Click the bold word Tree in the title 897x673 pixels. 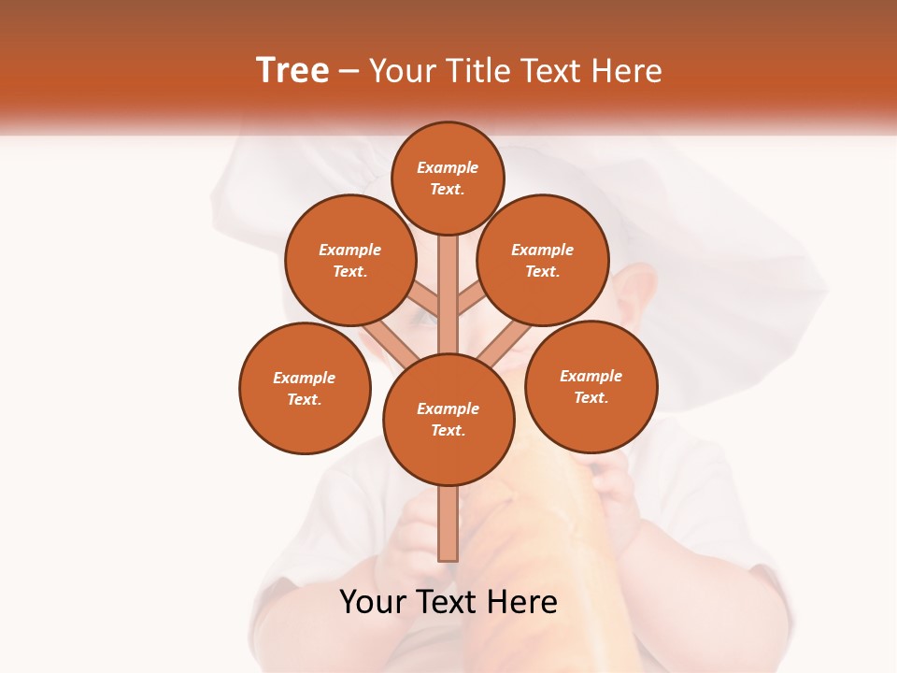(x=292, y=71)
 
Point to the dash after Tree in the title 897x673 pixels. (x=349, y=72)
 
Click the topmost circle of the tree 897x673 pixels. (x=448, y=178)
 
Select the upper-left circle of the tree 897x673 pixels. (x=350, y=261)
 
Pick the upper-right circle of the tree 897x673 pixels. (x=543, y=261)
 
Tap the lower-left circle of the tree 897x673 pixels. (x=305, y=388)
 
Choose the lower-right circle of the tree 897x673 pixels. (x=591, y=386)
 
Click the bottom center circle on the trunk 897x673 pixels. (x=448, y=420)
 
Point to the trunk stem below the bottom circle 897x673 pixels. (x=448, y=523)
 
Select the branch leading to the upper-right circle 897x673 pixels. (x=470, y=301)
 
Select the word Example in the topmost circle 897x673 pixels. (x=448, y=167)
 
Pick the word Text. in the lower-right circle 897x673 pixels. (x=591, y=397)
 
